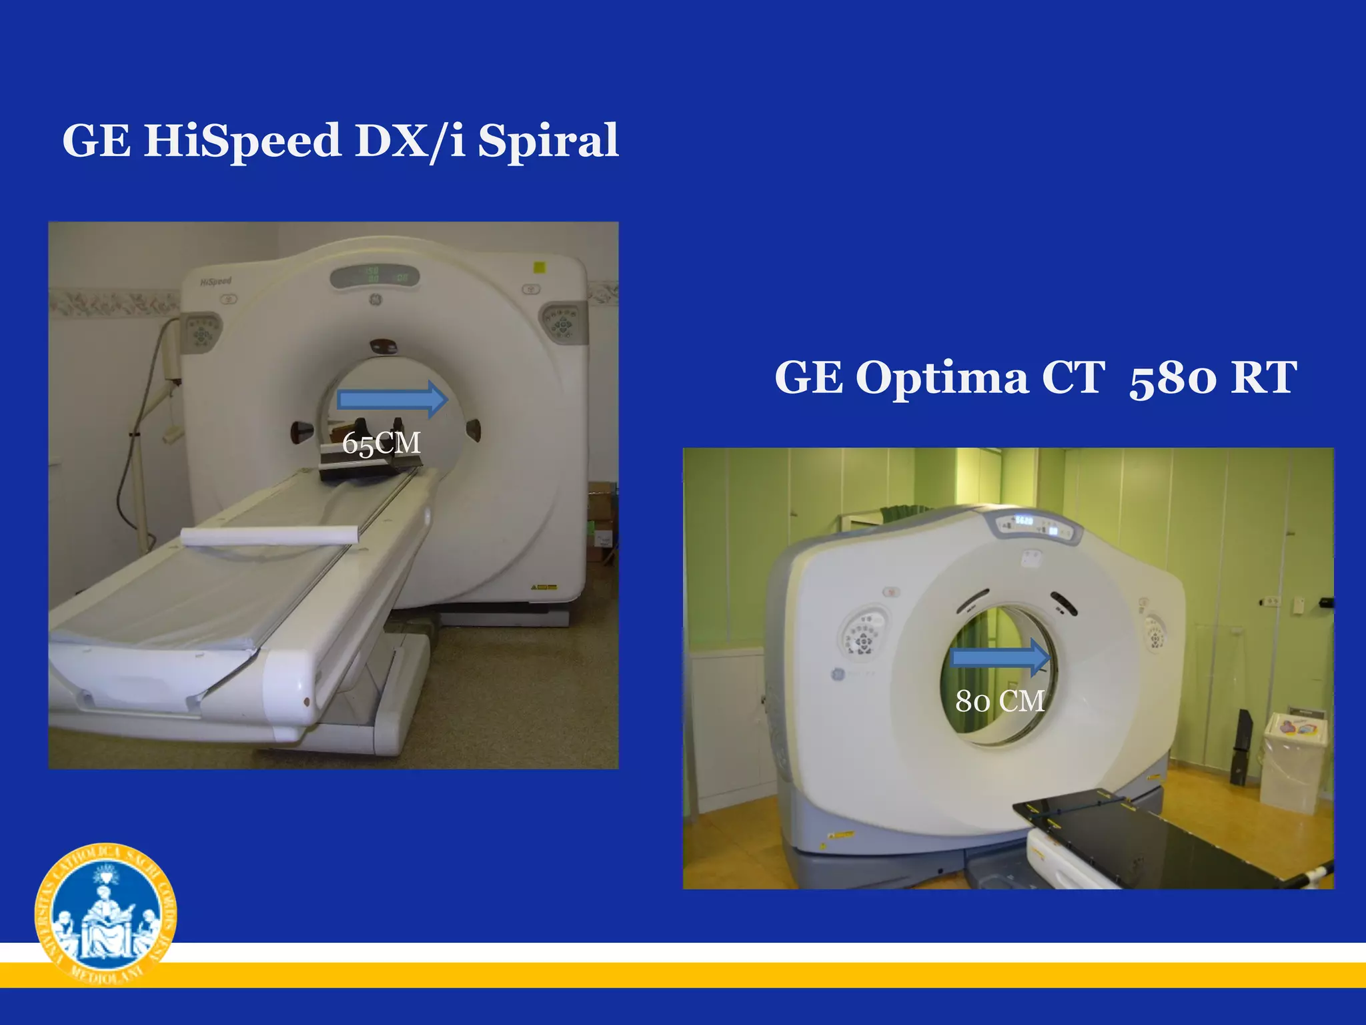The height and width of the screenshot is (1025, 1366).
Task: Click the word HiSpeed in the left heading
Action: [242, 141]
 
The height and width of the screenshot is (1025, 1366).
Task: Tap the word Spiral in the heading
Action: [548, 141]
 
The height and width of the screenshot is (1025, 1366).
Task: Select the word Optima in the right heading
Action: [942, 378]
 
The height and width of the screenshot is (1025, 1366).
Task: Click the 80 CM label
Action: [1000, 701]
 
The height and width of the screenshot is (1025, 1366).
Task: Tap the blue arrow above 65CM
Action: [393, 400]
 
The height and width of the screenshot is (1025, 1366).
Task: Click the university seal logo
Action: [105, 914]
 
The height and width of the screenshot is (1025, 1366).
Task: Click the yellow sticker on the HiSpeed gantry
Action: [540, 268]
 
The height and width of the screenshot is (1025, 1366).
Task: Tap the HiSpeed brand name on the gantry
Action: [216, 282]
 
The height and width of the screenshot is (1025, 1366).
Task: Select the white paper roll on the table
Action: [270, 535]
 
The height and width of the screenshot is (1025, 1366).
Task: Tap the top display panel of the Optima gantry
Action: [1037, 527]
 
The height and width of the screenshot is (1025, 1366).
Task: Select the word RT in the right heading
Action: [1264, 378]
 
